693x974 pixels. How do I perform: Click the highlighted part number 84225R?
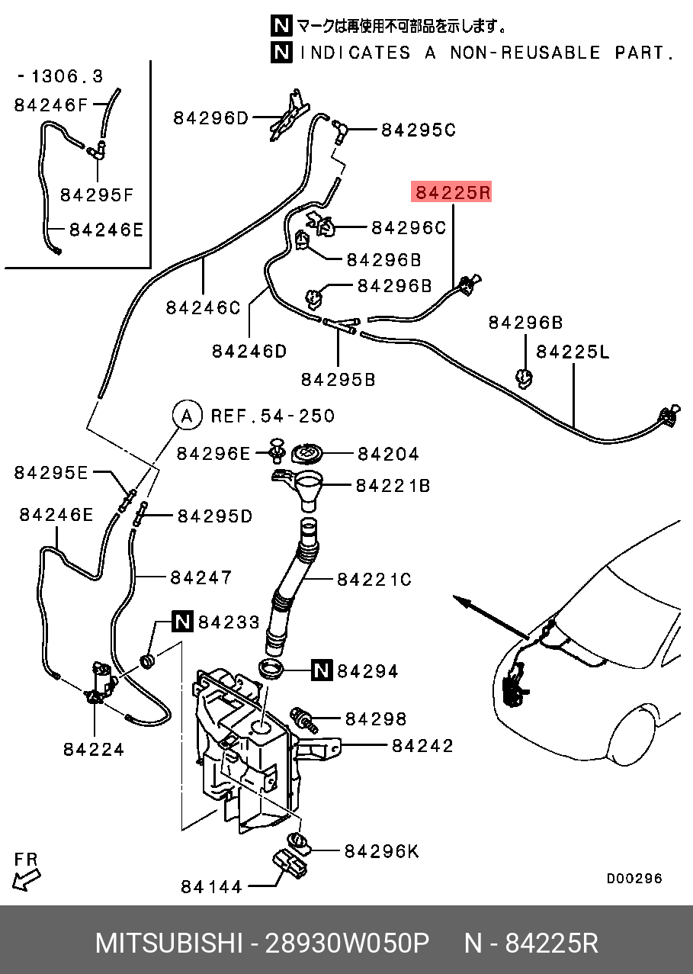pos(452,191)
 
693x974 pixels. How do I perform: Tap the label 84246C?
pos(203,308)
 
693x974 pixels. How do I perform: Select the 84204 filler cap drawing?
pos(306,455)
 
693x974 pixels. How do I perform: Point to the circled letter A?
pos(188,416)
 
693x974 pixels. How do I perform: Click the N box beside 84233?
pos(183,621)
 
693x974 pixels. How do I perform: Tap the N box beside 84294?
pos(322,670)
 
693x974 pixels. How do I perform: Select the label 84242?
pos(422,746)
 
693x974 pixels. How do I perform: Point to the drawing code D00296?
pos(634,879)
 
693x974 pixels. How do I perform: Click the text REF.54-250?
pos(273,416)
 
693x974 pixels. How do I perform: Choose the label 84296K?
pos(381,851)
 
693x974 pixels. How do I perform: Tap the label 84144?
pos(211,886)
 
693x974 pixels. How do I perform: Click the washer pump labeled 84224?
pos(101,683)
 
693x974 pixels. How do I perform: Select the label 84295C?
pos(419,130)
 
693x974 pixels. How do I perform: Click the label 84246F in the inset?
pos(51,105)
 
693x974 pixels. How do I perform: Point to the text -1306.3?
pos(59,76)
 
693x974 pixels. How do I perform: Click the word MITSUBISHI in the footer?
pos(169,943)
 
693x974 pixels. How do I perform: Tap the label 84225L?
pos(573,352)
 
